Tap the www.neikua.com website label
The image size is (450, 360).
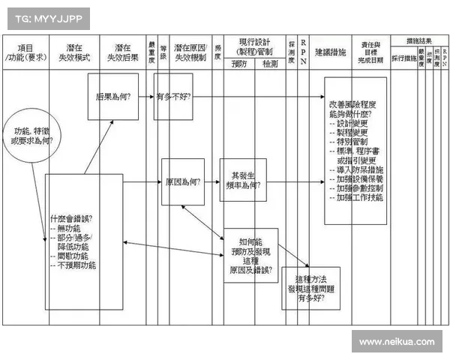click(x=396, y=342)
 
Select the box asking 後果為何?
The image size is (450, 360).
click(x=113, y=97)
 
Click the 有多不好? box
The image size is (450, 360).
click(x=173, y=97)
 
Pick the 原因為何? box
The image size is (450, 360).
click(x=183, y=182)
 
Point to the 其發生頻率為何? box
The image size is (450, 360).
click(x=242, y=180)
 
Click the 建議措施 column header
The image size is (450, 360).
click(x=330, y=53)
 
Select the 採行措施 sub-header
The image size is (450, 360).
click(x=403, y=58)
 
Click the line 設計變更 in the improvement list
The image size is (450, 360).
click(x=353, y=123)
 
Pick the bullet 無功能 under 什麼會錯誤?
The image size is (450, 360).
click(x=70, y=228)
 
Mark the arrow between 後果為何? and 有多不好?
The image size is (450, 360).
click(x=146, y=97)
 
